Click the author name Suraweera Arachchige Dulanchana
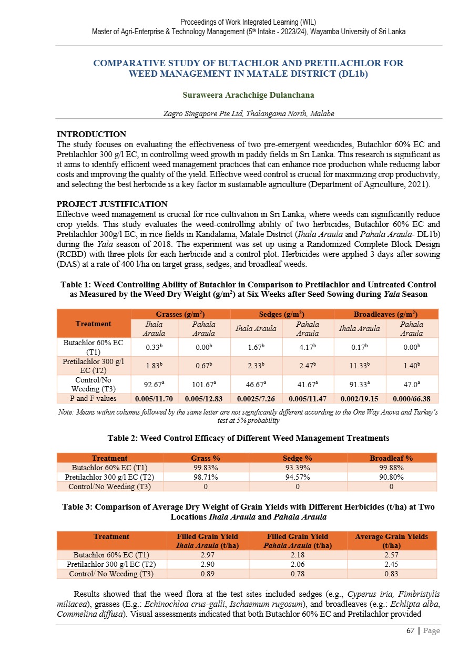coord(248,96)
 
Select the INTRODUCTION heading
coord(91,134)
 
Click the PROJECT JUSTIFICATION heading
coord(112,204)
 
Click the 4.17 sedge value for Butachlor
coord(308,347)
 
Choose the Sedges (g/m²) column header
coord(282,314)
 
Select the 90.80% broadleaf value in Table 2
coord(391,477)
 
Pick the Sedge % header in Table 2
coord(298,458)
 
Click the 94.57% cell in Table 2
coord(298,477)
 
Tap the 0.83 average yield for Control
coord(391,574)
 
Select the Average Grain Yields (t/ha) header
coord(391,541)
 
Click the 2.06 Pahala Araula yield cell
coord(298,564)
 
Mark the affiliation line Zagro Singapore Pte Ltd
coord(249,113)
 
